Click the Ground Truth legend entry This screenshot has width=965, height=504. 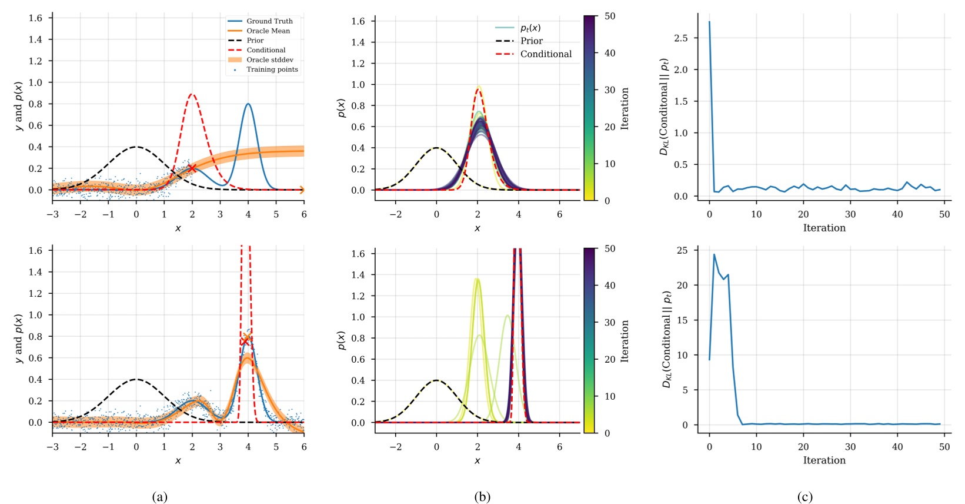[269, 21]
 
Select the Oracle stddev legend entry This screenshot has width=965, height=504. [269, 59]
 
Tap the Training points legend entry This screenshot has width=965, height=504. [272, 69]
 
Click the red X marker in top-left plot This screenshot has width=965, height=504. [192, 168]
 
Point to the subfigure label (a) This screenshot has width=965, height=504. [159, 497]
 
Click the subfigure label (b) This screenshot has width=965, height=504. [482, 497]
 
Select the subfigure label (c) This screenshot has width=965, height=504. [805, 497]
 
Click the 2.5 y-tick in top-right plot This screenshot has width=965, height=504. [681, 38]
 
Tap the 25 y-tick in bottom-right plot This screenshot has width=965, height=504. [682, 250]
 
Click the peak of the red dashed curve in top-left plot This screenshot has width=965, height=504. [192, 94]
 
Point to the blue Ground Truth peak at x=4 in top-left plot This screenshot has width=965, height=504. [248, 104]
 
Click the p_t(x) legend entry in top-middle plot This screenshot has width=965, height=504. [530, 28]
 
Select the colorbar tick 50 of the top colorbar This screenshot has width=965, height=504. [610, 16]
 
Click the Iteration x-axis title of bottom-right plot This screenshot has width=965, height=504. [824, 460]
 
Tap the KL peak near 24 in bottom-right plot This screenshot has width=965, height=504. [714, 254]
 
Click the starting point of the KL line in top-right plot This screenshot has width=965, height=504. [709, 22]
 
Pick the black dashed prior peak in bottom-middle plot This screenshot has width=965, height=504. [436, 380]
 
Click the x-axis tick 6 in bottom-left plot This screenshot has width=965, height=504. [304, 447]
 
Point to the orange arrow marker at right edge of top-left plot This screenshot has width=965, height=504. [302, 190]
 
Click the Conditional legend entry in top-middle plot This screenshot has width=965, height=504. [545, 54]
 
